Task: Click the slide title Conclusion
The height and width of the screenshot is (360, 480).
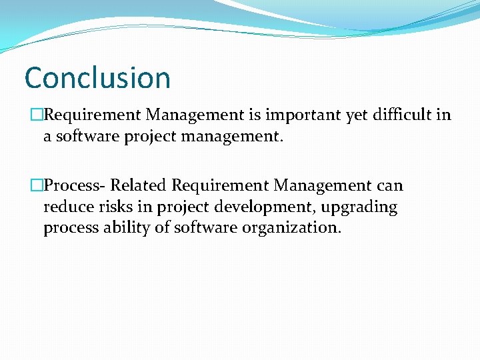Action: click(x=97, y=77)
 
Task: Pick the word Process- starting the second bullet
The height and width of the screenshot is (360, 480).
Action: click(x=74, y=185)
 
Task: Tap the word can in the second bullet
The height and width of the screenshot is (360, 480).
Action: click(x=389, y=186)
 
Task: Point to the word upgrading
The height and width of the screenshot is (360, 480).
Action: click(x=359, y=207)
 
